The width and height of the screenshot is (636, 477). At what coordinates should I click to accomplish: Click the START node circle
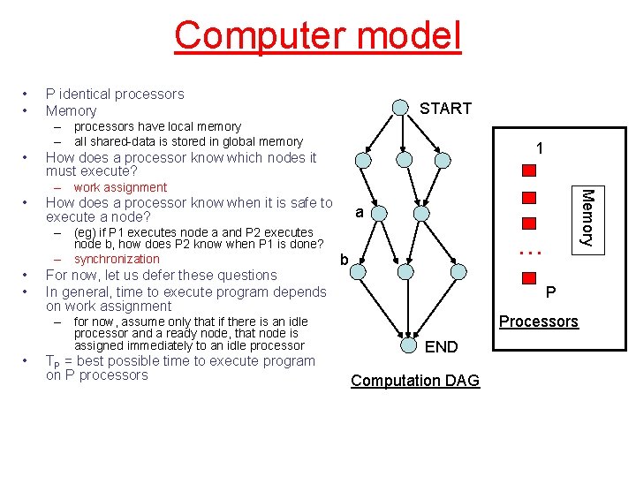(399, 108)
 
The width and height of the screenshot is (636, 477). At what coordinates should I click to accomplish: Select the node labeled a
(377, 212)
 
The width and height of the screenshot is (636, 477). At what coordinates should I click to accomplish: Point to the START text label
(445, 108)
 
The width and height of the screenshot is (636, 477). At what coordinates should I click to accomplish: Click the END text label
(441, 347)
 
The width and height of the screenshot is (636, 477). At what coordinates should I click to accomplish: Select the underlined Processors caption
(539, 321)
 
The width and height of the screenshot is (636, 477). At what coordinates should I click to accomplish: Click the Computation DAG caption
(415, 381)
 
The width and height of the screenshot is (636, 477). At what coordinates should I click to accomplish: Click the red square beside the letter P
(530, 276)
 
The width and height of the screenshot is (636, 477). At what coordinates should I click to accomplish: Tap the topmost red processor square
(529, 170)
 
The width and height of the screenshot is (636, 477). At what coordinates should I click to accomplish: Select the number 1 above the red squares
(539, 149)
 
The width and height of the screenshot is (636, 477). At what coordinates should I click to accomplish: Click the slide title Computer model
(318, 35)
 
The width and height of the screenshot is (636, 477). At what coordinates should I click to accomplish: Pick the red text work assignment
(120, 187)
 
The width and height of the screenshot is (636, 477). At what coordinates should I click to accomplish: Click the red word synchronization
(117, 259)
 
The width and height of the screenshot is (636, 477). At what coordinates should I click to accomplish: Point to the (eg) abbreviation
(87, 232)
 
